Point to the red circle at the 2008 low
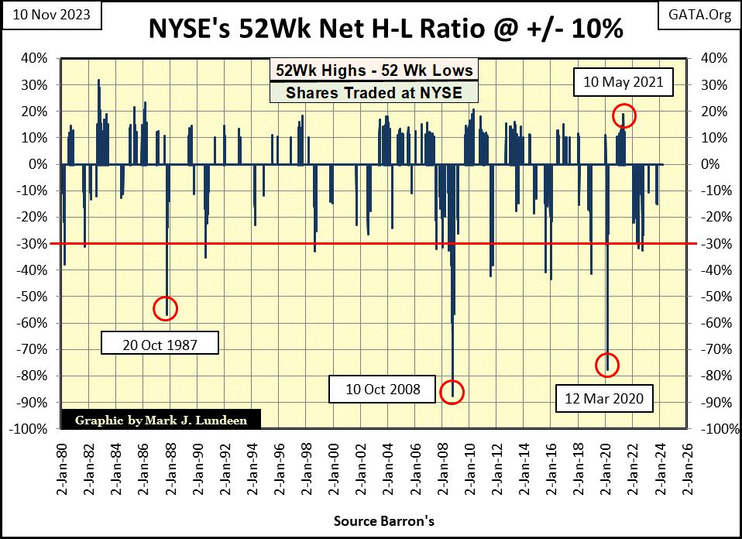pyautogui.click(x=452, y=392)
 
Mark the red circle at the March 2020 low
pyautogui.click(x=607, y=365)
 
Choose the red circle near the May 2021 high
pyautogui.click(x=624, y=116)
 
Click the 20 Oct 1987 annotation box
pyautogui.click(x=160, y=344)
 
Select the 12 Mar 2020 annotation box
pyautogui.click(x=603, y=400)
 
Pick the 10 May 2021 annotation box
pyautogui.click(x=623, y=81)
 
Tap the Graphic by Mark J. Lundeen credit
pyautogui.click(x=160, y=421)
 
